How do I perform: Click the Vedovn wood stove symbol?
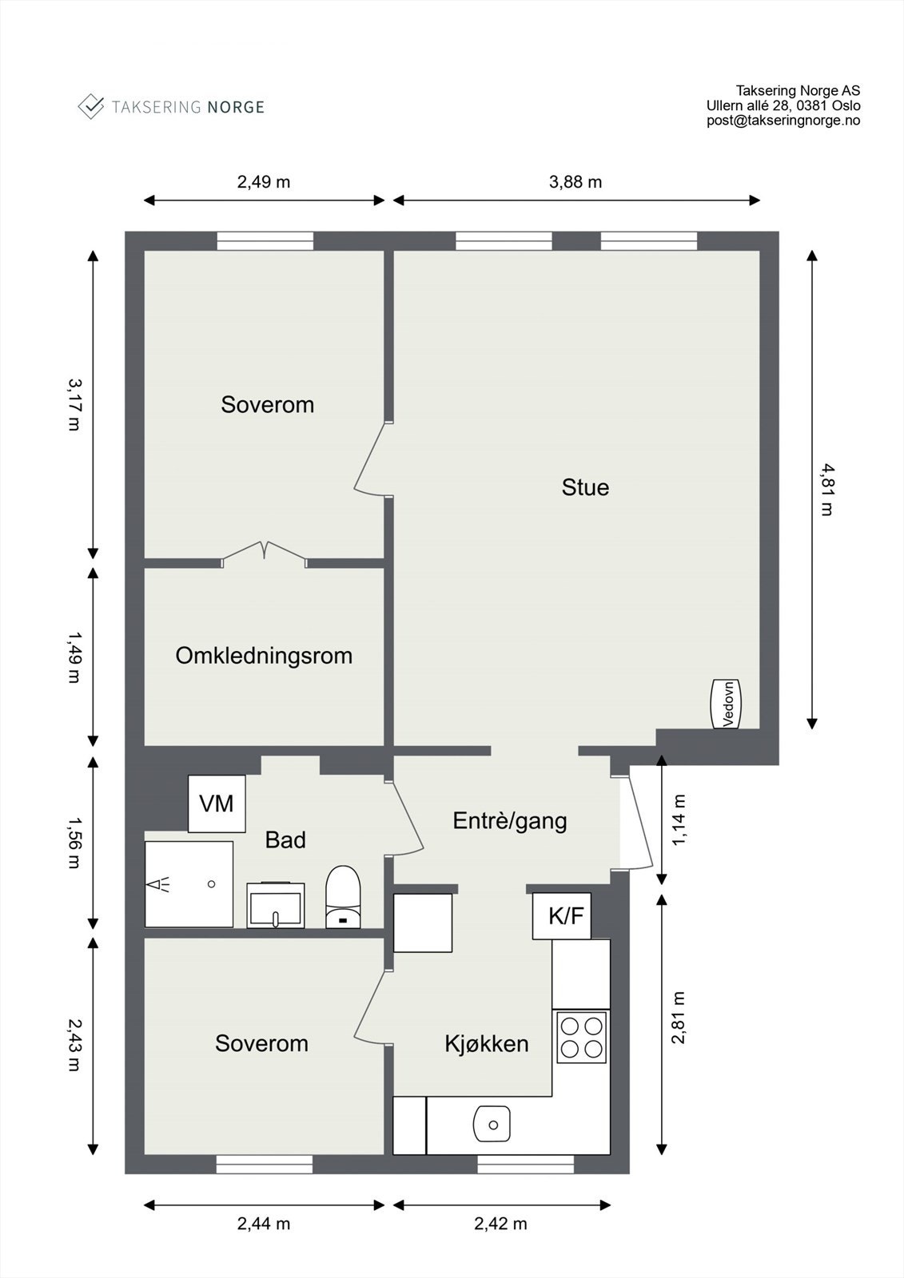pyautogui.click(x=725, y=704)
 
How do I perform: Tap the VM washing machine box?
pyautogui.click(x=217, y=804)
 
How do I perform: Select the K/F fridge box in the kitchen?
pyautogui.click(x=561, y=915)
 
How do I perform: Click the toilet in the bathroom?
pyautogui.click(x=343, y=896)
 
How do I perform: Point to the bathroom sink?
pyautogui.click(x=275, y=905)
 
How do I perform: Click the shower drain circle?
pyautogui.click(x=211, y=884)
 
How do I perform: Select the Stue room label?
pyautogui.click(x=585, y=487)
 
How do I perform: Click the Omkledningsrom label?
pyautogui.click(x=264, y=656)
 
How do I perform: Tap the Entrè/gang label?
pyautogui.click(x=510, y=821)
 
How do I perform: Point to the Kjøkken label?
pyautogui.click(x=487, y=1043)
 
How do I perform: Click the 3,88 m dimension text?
pyautogui.click(x=575, y=182)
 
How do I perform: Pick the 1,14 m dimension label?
pyautogui.click(x=679, y=820)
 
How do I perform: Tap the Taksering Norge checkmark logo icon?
pyautogui.click(x=91, y=107)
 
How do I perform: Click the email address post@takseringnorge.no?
pyautogui.click(x=783, y=121)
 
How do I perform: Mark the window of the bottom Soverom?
pyautogui.click(x=265, y=1164)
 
